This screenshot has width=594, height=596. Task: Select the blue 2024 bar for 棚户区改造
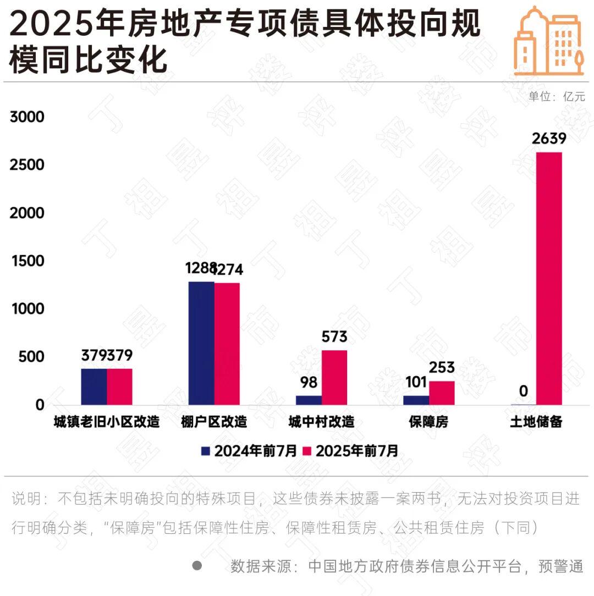[x=201, y=343]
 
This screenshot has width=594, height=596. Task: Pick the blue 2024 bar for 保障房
[x=416, y=400]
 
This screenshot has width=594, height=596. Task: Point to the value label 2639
[x=549, y=139]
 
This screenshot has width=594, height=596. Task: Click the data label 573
[x=334, y=336]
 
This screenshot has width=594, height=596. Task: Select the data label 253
[x=442, y=367]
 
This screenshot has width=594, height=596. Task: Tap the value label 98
[x=309, y=382]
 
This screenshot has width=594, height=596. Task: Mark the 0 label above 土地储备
[x=523, y=391]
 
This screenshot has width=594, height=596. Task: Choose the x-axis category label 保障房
[x=428, y=422]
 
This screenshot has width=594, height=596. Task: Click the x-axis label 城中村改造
[x=321, y=422]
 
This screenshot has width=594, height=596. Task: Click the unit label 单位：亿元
[x=557, y=96]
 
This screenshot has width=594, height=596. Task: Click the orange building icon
[x=548, y=41]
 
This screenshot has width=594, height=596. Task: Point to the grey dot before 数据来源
[x=197, y=565]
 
